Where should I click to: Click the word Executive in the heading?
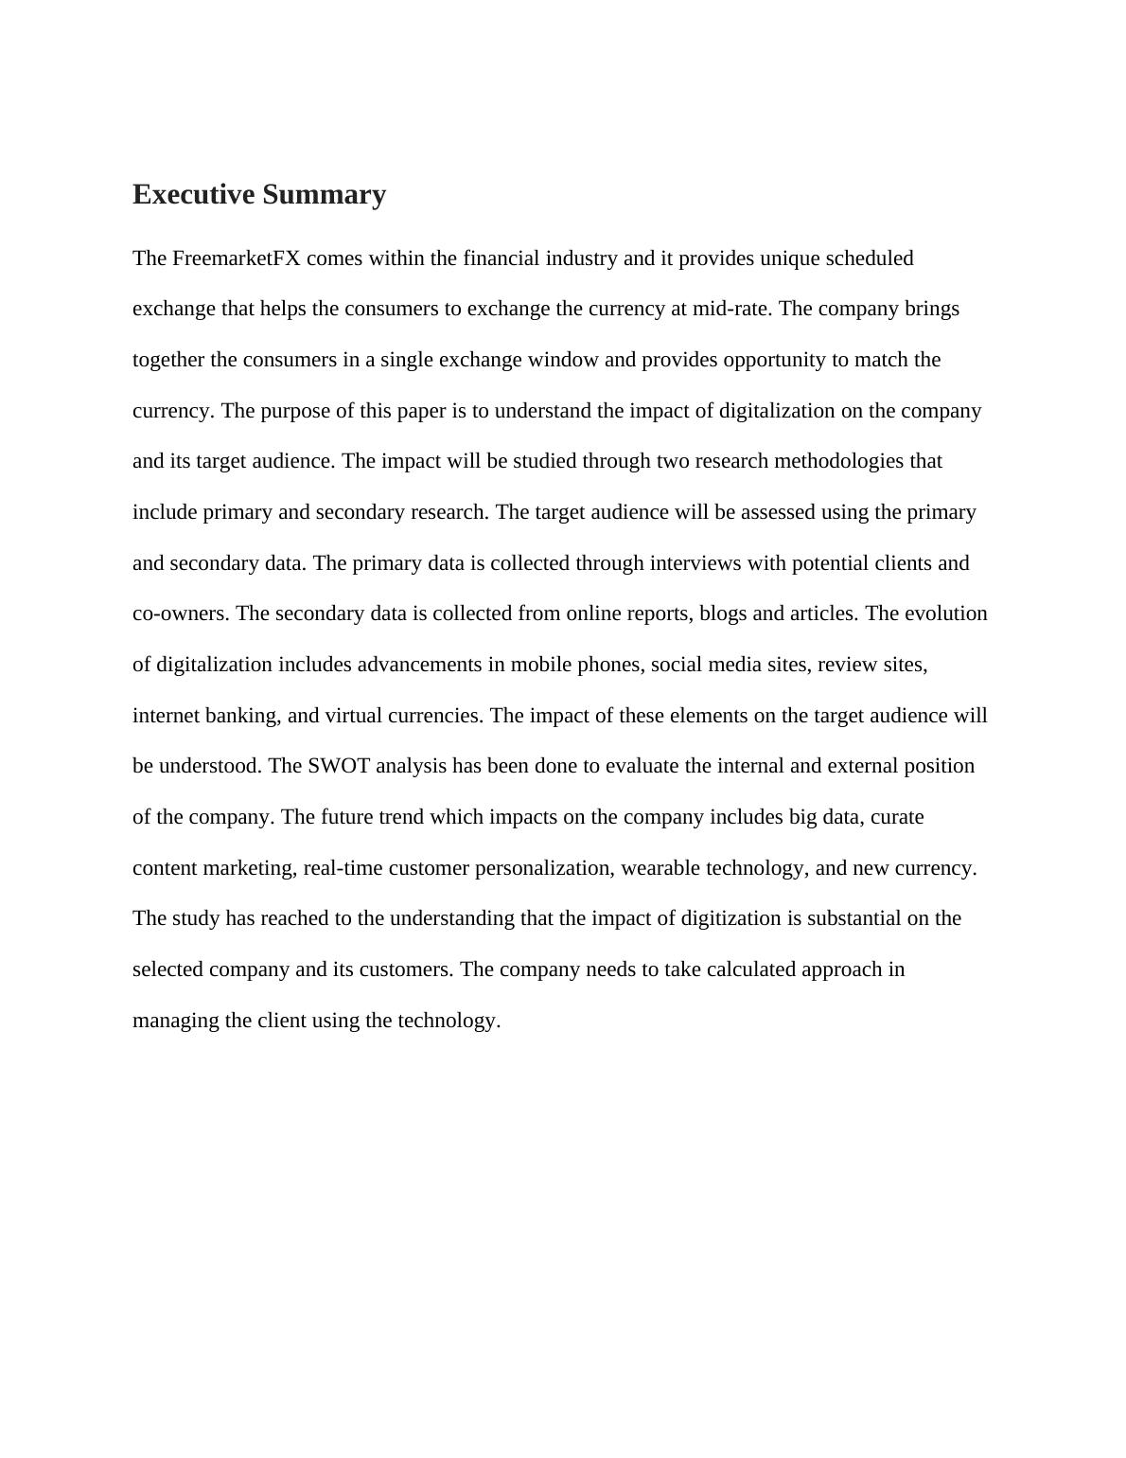click(194, 194)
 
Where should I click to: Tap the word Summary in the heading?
click(325, 194)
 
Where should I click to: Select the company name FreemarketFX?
click(237, 258)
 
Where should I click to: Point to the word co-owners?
click(181, 613)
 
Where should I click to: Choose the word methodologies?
click(838, 461)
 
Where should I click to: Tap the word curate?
click(897, 817)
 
